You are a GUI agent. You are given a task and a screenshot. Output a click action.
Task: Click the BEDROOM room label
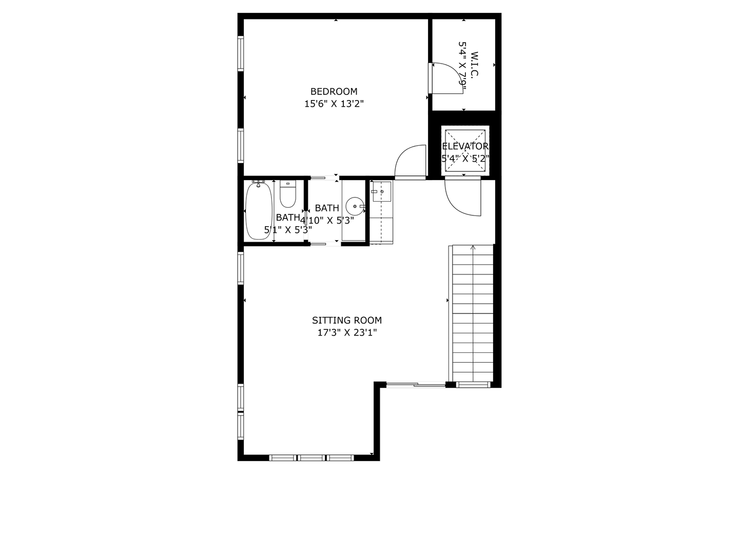[x=334, y=92]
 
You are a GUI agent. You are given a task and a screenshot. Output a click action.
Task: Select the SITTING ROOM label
[x=347, y=321]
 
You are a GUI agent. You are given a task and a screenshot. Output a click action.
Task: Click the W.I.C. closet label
[x=474, y=64]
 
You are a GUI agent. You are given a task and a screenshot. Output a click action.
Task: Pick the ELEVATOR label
[x=465, y=146]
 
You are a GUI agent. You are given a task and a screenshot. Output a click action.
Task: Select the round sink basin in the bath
[x=355, y=207]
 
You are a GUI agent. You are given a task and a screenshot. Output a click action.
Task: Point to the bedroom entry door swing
[x=411, y=161]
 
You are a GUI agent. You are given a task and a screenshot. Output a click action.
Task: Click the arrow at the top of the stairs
[x=473, y=248]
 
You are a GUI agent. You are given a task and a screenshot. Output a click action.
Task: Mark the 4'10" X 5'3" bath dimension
[x=327, y=221]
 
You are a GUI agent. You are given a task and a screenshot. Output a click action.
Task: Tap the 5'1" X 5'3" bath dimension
[x=288, y=230]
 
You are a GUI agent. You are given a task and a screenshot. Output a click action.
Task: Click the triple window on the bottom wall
[x=312, y=457]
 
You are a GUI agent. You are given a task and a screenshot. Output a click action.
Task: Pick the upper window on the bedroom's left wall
[x=240, y=53]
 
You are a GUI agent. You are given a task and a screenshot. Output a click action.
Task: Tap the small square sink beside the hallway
[x=381, y=191]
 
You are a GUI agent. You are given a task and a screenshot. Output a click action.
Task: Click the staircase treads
[x=472, y=318]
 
